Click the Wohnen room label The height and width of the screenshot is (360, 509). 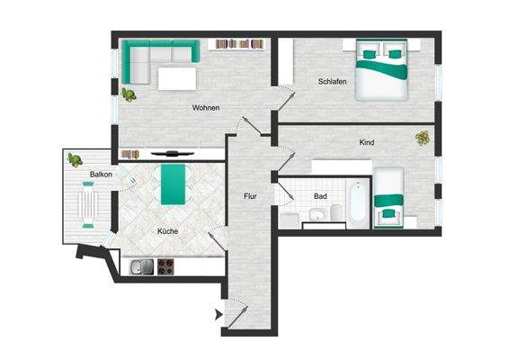click(206, 108)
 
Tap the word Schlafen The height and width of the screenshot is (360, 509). click(332, 82)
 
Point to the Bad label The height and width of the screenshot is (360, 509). click(319, 195)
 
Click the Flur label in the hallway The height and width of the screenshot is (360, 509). click(251, 195)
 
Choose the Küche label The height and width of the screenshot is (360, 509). click(167, 231)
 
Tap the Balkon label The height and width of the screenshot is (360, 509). click(101, 175)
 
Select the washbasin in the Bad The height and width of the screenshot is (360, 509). click(316, 215)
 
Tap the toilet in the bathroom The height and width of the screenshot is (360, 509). click(335, 212)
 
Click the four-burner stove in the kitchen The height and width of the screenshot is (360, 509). click(166, 265)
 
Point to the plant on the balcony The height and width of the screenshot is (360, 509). click(74, 160)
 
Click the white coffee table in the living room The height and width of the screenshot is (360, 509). click(177, 79)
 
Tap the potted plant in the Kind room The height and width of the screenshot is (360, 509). click(422, 138)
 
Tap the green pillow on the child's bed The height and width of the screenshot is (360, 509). click(388, 213)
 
